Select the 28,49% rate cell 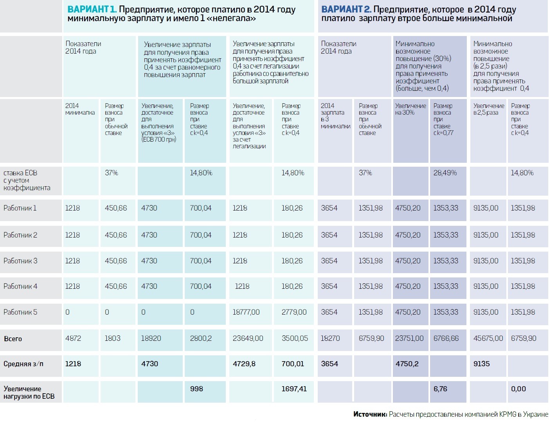point(445,173)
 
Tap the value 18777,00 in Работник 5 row point(246,312)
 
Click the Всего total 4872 point(73,338)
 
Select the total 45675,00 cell point(488,338)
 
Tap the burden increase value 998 point(196,389)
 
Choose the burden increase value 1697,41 point(294,389)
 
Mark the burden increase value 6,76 point(440,389)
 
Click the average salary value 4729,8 point(244,364)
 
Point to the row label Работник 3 point(20,261)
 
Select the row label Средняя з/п point(23,364)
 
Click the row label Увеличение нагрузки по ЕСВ point(29,392)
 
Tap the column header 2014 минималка point(80,109)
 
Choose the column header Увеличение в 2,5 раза point(488,109)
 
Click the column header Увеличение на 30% point(410,109)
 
